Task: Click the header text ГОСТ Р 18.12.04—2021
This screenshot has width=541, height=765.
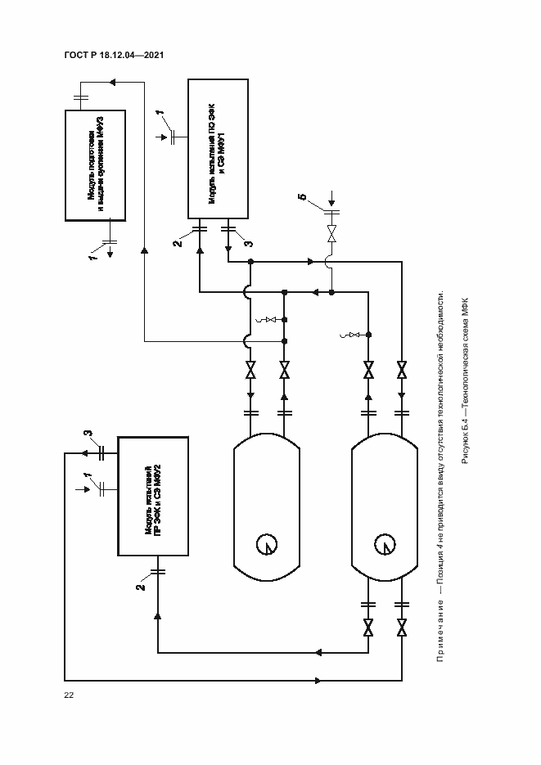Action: [x=115, y=56]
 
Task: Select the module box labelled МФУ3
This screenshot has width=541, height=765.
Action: [x=97, y=164]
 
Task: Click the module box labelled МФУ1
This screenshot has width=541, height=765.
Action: [x=219, y=149]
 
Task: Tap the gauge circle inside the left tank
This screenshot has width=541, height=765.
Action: [x=266, y=543]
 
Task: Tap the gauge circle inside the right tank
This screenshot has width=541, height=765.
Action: [x=382, y=543]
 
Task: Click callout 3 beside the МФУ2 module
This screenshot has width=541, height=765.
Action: [x=88, y=434]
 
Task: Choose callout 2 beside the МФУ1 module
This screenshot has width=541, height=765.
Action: [x=176, y=243]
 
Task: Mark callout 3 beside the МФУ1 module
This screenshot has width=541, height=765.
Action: [x=249, y=243]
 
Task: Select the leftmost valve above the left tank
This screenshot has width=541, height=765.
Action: [x=251, y=369]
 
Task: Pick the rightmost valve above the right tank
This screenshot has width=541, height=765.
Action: [x=402, y=369]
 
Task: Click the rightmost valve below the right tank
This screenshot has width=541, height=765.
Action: [x=402, y=628]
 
